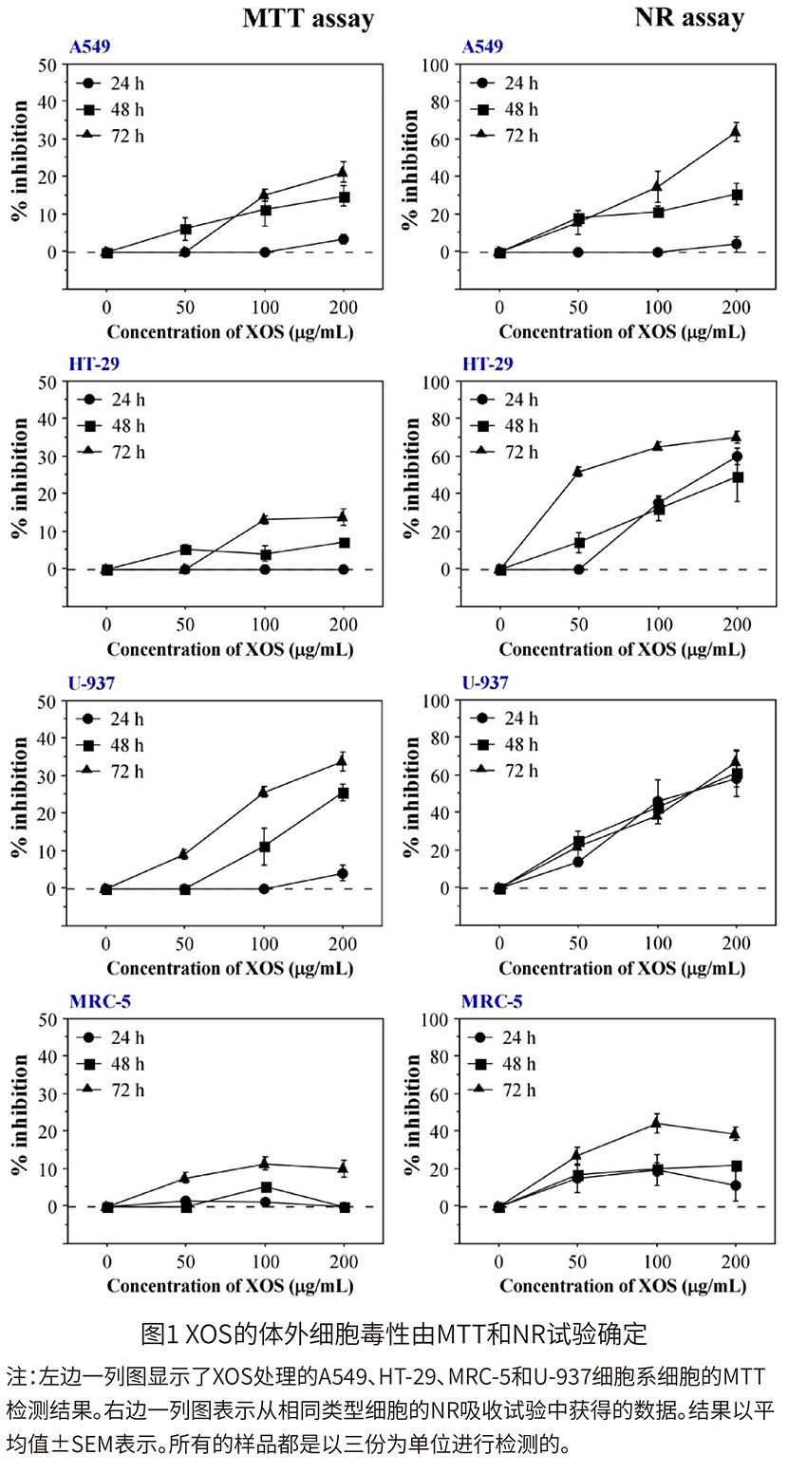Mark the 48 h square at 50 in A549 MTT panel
coord(186,230)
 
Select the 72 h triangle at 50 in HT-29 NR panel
coord(578,472)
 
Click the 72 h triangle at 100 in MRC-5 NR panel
coord(657,1124)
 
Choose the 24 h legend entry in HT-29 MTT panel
coord(114,400)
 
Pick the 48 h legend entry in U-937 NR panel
coord(507,744)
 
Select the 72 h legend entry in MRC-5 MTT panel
coord(114,1090)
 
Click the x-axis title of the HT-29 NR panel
coord(622,650)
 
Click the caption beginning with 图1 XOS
coord(393,1334)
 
